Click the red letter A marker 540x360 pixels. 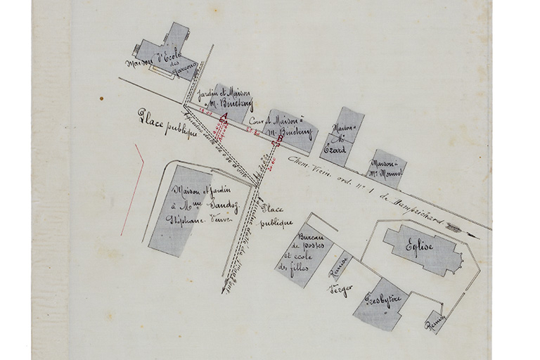click(224, 117)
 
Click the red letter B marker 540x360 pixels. click(279, 140)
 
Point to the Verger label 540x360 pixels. click(339, 290)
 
